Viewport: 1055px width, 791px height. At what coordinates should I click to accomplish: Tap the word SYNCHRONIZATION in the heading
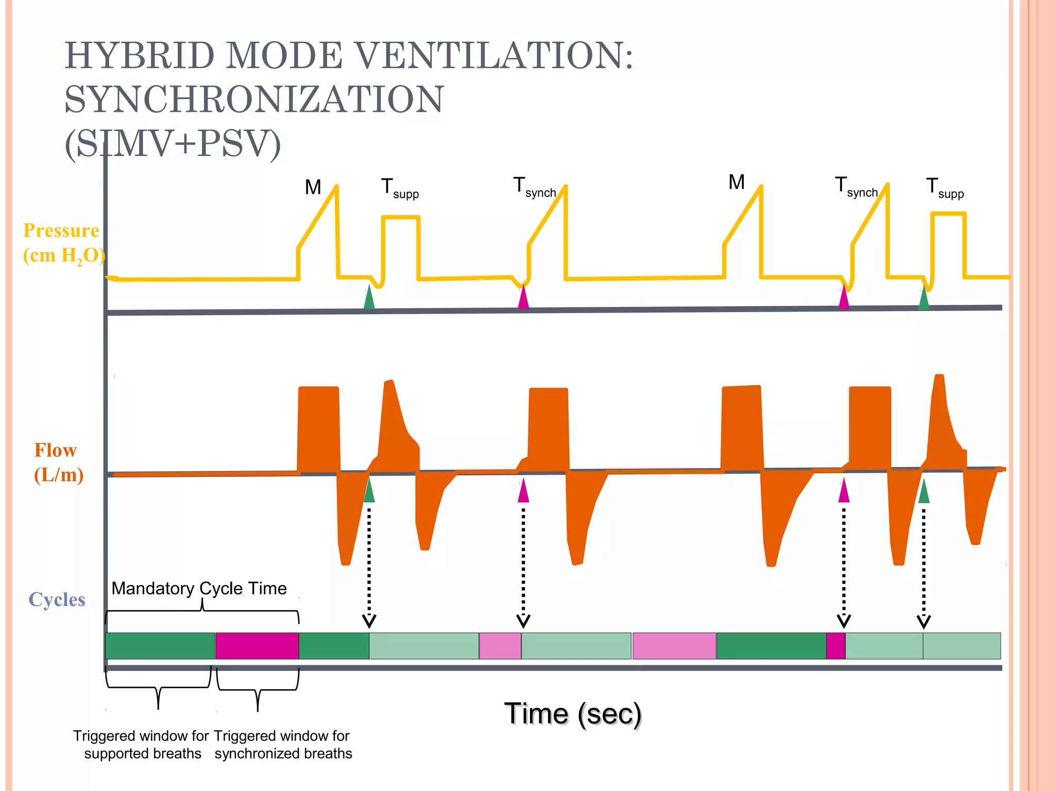click(253, 99)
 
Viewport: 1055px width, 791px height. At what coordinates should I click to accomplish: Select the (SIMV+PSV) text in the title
click(173, 144)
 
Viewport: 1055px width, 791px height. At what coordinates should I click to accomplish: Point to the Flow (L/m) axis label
click(58, 462)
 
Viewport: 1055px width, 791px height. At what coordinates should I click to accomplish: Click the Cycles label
click(57, 599)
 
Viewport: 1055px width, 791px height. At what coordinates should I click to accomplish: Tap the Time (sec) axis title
click(572, 714)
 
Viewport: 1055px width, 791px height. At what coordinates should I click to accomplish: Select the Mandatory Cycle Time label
click(199, 588)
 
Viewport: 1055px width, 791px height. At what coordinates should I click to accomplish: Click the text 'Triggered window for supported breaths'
click(141, 745)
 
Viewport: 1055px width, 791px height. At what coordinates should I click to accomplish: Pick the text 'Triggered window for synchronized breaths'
click(283, 745)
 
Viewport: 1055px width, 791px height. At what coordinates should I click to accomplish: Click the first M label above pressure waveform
click(313, 187)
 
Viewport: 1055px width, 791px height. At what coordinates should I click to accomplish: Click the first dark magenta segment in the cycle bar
click(257, 646)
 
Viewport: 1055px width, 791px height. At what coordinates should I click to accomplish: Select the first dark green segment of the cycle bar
click(160, 646)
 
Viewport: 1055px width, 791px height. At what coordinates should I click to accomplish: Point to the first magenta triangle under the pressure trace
click(523, 298)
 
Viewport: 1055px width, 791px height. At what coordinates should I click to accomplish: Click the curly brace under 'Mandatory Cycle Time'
click(202, 608)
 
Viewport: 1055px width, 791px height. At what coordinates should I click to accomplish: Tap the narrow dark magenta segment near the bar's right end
click(836, 646)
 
